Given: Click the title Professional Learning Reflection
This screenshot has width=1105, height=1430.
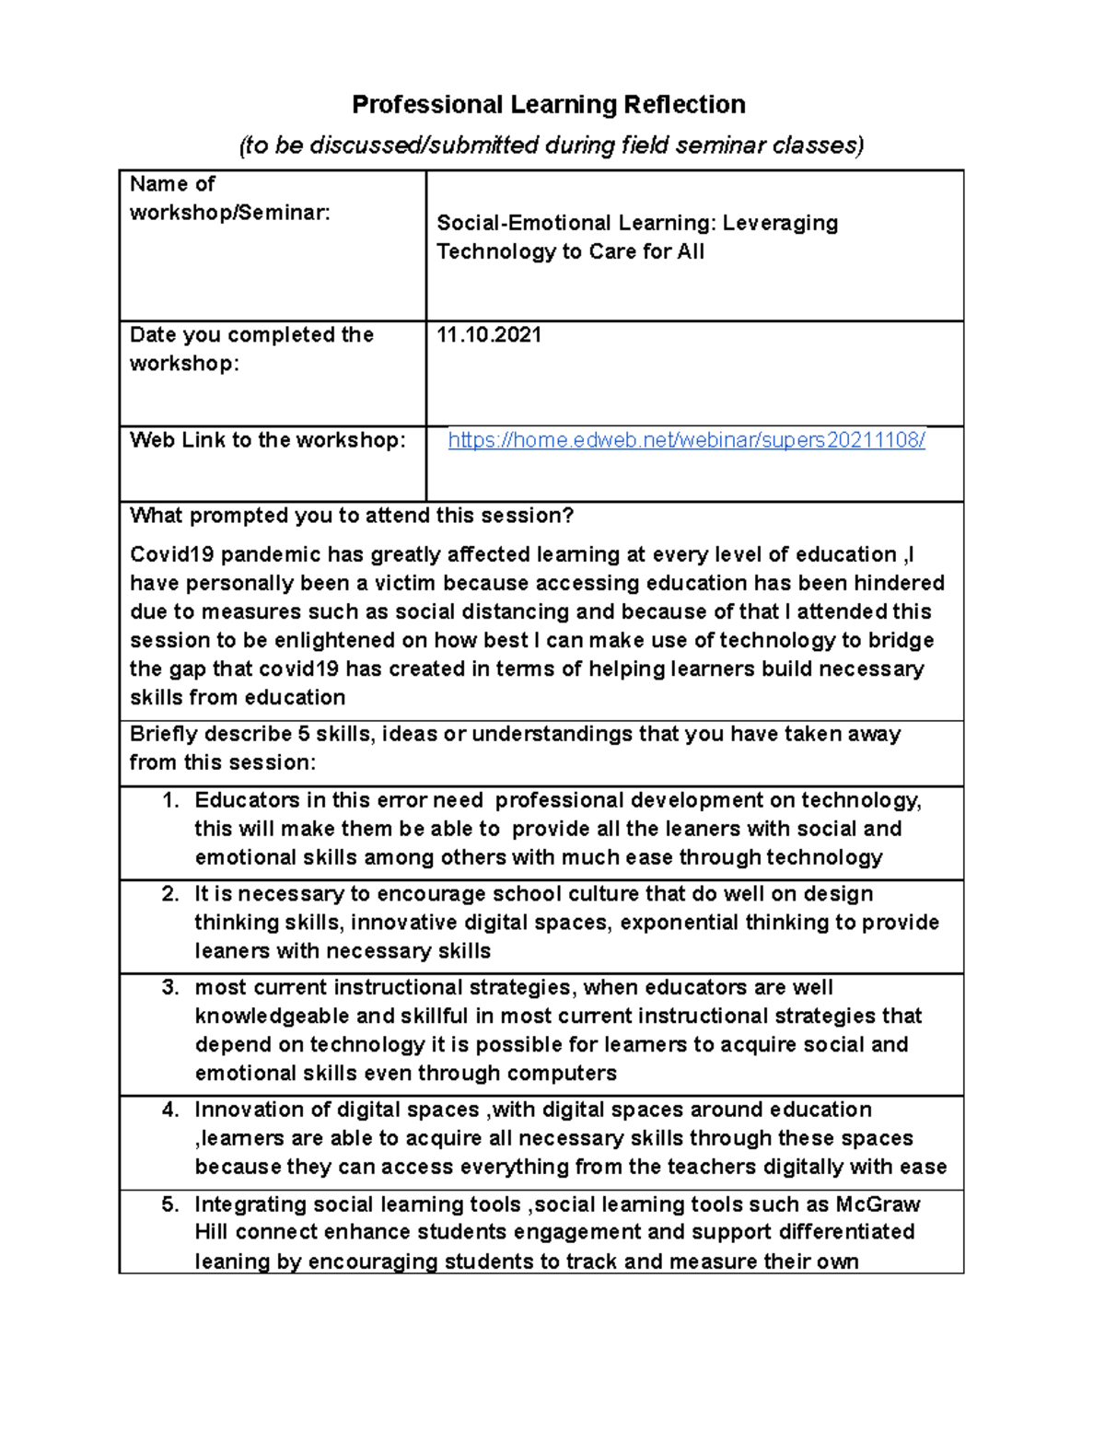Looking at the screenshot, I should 549,105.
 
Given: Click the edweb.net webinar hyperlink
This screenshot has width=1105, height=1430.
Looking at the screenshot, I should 686,440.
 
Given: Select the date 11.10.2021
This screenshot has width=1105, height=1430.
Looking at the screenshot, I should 489,335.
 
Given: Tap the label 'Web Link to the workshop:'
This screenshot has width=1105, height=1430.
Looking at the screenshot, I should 267,440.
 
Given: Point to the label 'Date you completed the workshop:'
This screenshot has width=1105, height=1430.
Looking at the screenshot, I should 251,349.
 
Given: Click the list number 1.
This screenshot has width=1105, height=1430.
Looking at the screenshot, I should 170,800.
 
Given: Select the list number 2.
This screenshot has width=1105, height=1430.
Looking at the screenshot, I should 170,894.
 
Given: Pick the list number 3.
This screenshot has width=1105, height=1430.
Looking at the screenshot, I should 170,988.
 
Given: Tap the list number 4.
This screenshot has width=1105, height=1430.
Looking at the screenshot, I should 170,1110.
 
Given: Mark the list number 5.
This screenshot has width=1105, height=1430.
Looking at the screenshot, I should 170,1204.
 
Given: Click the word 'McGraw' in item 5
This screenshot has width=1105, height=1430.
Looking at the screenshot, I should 878,1204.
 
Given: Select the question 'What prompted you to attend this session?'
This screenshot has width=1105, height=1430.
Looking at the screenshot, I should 352,516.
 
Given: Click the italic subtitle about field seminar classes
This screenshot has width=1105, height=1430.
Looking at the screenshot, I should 551,145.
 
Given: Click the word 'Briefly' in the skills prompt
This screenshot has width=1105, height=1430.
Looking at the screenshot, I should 163,734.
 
